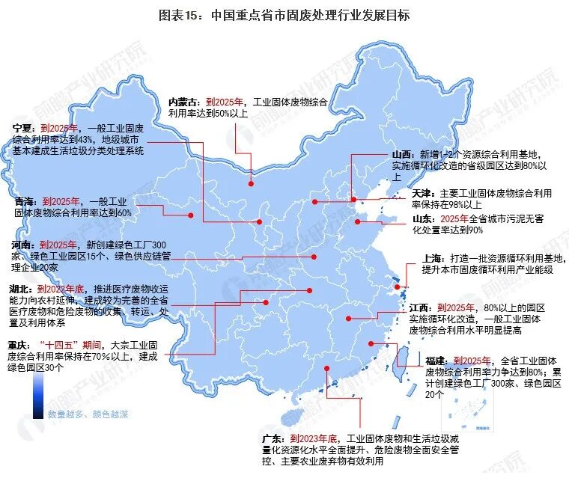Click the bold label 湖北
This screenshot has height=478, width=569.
pyautogui.click(x=20, y=289)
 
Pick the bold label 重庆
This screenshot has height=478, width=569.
pyautogui.click(x=20, y=346)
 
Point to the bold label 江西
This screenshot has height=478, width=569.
pyautogui.click(x=421, y=307)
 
